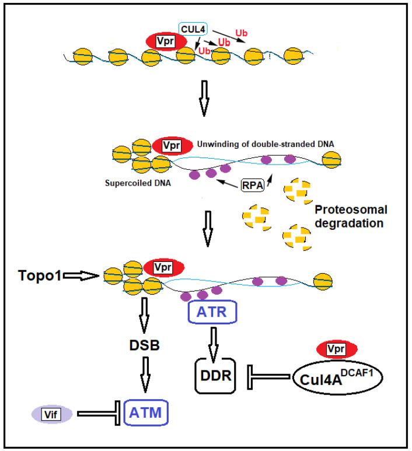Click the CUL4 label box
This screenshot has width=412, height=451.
[x=194, y=27]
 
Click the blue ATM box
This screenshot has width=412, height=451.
[x=145, y=414]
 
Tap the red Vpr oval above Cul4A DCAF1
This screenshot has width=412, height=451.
[x=336, y=349]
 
